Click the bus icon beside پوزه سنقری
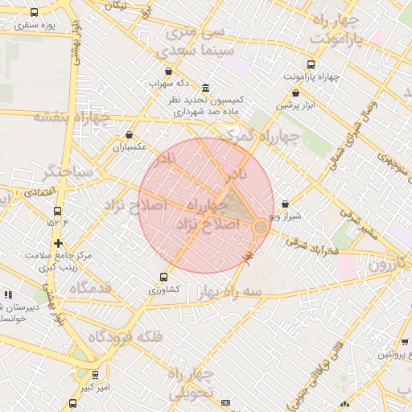pos(34,13)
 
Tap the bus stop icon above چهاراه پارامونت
pos(311,64)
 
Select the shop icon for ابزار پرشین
pos(295,93)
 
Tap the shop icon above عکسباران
pos(130,135)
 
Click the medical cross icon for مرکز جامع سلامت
pos(57,242)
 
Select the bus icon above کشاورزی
pos(164,277)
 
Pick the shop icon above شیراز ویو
pos(286,204)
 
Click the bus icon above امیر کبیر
pos(95,375)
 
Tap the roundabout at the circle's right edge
pos(261,229)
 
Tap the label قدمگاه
pos(90,287)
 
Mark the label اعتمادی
pos(38,192)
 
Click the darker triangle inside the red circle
pos(235,206)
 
